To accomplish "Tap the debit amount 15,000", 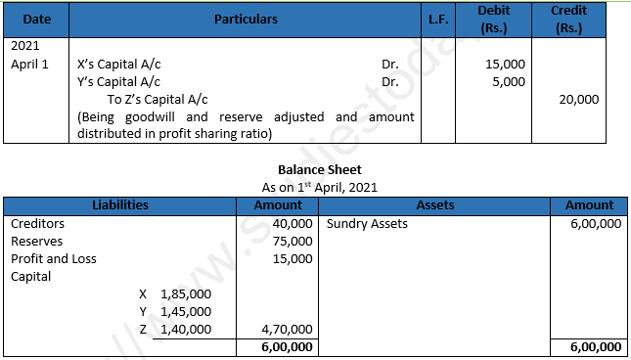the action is coord(505,65).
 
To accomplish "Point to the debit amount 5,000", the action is coord(509,81).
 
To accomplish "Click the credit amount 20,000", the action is coord(579,99).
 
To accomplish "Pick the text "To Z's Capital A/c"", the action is coord(158,99).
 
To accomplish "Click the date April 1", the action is coord(27,65).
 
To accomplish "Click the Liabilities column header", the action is coord(119,205).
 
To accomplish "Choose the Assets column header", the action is coord(435,205).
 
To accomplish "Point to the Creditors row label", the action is coord(38,223).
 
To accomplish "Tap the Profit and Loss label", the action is coord(53,258).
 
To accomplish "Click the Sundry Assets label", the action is coord(367,223).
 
